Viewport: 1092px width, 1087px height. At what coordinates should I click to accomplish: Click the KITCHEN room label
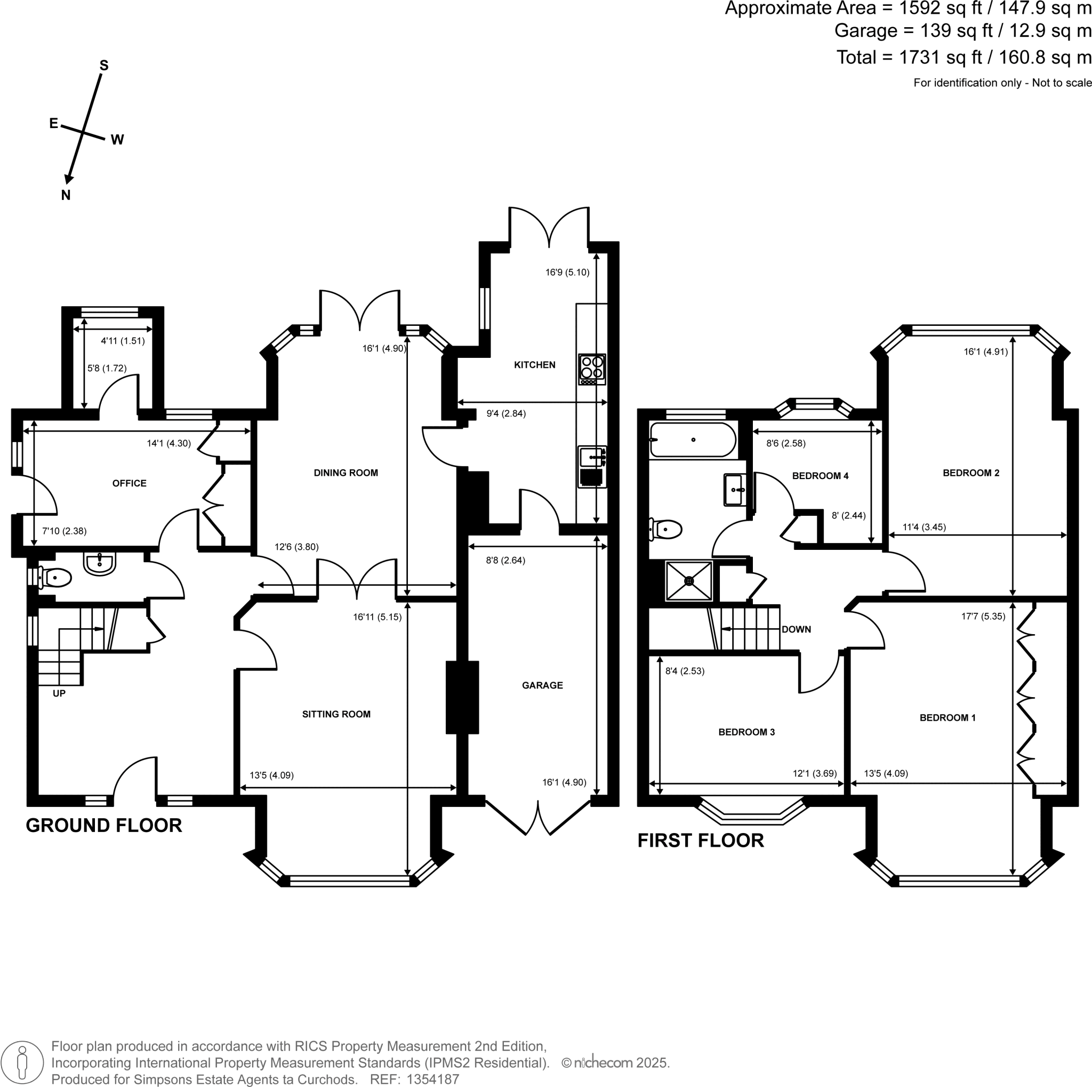(534, 365)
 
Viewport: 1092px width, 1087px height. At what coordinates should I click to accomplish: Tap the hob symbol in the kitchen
(592, 369)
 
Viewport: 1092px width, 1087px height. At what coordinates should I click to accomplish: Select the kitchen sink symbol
(592, 457)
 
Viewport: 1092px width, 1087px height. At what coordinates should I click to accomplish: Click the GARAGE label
(542, 685)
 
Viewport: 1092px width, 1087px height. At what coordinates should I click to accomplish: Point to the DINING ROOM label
(346, 473)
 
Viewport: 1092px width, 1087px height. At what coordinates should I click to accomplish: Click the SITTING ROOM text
(336, 714)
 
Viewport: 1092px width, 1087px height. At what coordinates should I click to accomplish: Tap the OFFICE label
(129, 483)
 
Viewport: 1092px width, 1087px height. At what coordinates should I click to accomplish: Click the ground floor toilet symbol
(54, 578)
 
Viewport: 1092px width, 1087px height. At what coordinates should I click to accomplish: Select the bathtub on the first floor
(693, 440)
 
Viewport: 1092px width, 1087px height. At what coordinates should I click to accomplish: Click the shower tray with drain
(689, 580)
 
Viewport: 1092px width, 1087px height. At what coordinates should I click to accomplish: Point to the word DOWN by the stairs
(796, 629)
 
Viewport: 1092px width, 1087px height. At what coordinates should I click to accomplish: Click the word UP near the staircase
(59, 693)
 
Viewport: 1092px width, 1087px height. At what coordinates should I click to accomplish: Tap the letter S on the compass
(103, 66)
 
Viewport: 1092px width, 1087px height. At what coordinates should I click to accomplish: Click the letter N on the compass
(66, 196)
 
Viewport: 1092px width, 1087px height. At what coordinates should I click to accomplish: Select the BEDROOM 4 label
(820, 476)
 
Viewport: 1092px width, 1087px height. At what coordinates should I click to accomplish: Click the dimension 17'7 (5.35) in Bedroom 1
(983, 616)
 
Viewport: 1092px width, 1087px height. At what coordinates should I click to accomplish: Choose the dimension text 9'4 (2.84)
(506, 413)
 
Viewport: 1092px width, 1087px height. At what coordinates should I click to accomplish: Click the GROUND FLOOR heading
(104, 826)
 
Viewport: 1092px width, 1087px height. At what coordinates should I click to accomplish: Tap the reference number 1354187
(432, 1079)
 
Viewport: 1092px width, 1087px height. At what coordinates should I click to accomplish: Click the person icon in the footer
(22, 1063)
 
